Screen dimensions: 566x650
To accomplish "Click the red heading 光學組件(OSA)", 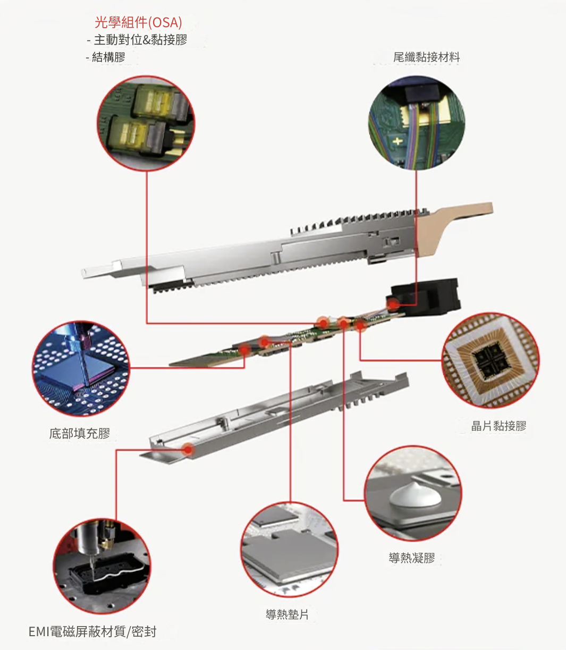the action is coord(139,22).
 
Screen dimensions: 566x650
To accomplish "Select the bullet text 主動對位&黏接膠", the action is coord(140,40).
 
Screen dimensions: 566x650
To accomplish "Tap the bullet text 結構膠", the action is coord(108,57).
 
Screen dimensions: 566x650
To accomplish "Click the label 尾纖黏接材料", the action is coord(426,57).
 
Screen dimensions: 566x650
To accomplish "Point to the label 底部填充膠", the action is coord(79,433).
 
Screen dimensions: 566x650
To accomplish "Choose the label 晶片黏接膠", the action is coord(499,426).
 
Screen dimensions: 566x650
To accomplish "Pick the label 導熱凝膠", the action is coord(412,558).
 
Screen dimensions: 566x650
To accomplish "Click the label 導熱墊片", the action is coord(287,614).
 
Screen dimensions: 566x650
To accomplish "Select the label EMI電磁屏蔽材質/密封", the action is coord(92,631).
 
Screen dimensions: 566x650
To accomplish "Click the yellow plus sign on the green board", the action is coord(398,141).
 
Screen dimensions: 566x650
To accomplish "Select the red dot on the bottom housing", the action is coord(188,450).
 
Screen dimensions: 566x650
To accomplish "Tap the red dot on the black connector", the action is coord(393,305).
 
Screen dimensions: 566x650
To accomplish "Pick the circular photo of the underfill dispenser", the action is coord(81,368).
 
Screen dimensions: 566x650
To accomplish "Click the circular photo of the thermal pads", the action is coord(289,550).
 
